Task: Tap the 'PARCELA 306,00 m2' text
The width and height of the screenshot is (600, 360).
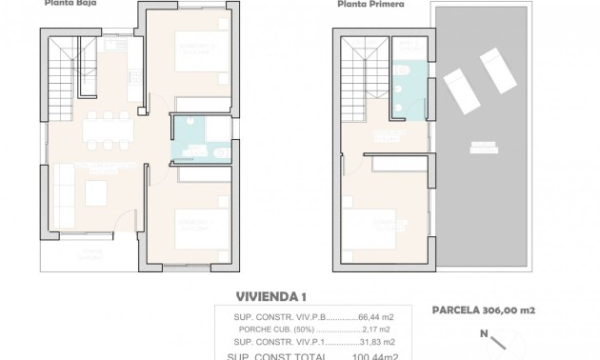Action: tap(484, 309)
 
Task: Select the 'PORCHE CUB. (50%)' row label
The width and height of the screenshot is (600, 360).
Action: tap(267, 330)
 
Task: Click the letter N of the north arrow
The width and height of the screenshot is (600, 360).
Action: tap(483, 334)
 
